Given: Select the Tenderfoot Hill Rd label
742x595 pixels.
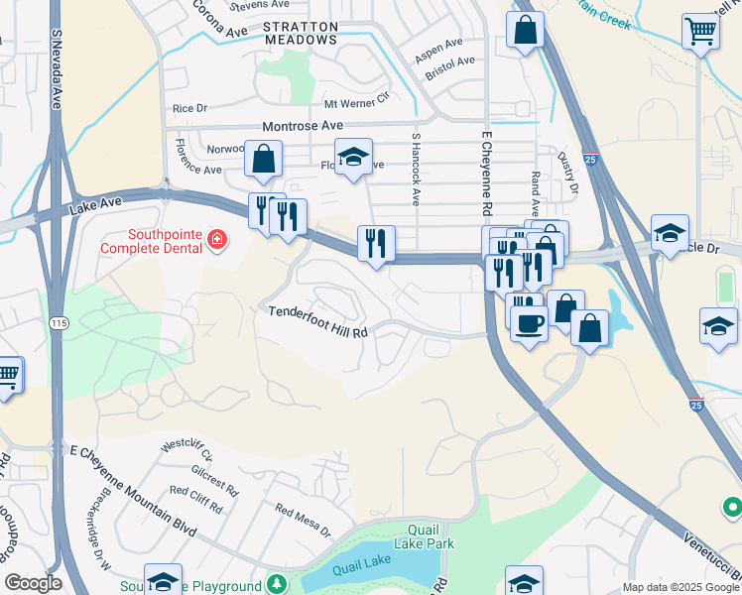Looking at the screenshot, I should (317, 321).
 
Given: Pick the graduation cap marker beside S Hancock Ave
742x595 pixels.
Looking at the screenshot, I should (353, 156).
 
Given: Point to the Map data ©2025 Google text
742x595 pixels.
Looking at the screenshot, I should (680, 587).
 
